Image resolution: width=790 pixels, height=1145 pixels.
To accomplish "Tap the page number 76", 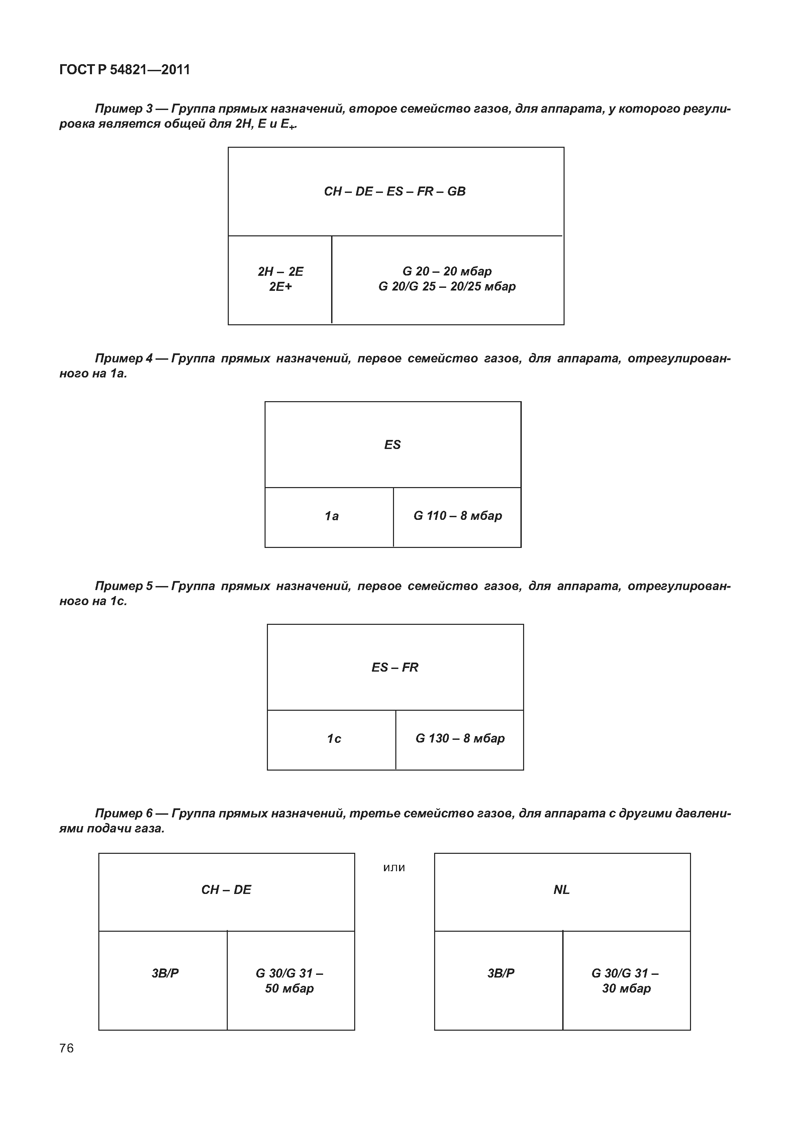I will coord(66,1048).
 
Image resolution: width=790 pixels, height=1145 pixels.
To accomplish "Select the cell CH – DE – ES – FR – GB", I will coord(395,192).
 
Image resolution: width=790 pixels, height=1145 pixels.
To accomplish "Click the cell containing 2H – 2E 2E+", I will coord(280,279).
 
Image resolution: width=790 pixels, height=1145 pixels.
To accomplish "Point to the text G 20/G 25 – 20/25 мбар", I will coord(447,287).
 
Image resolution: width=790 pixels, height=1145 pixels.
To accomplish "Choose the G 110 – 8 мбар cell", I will coord(457,516).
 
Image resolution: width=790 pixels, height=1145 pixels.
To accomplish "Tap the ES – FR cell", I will coord(395,668).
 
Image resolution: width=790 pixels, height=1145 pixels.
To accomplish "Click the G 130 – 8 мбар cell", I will coord(460,739).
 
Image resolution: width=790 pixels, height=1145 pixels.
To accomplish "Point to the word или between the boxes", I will coord(394,868).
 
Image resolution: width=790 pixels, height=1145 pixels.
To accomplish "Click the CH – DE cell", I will coord(226,890).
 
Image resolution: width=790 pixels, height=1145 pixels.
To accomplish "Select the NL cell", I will coord(562,890).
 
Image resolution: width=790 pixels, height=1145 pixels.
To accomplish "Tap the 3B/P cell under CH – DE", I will coord(165,973).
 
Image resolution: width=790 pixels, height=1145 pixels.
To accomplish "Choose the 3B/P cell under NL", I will coord(501,973).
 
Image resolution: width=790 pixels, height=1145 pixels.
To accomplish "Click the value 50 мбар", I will coord(290,989).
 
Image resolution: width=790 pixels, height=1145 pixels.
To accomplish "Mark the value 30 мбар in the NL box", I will coord(626,989).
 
